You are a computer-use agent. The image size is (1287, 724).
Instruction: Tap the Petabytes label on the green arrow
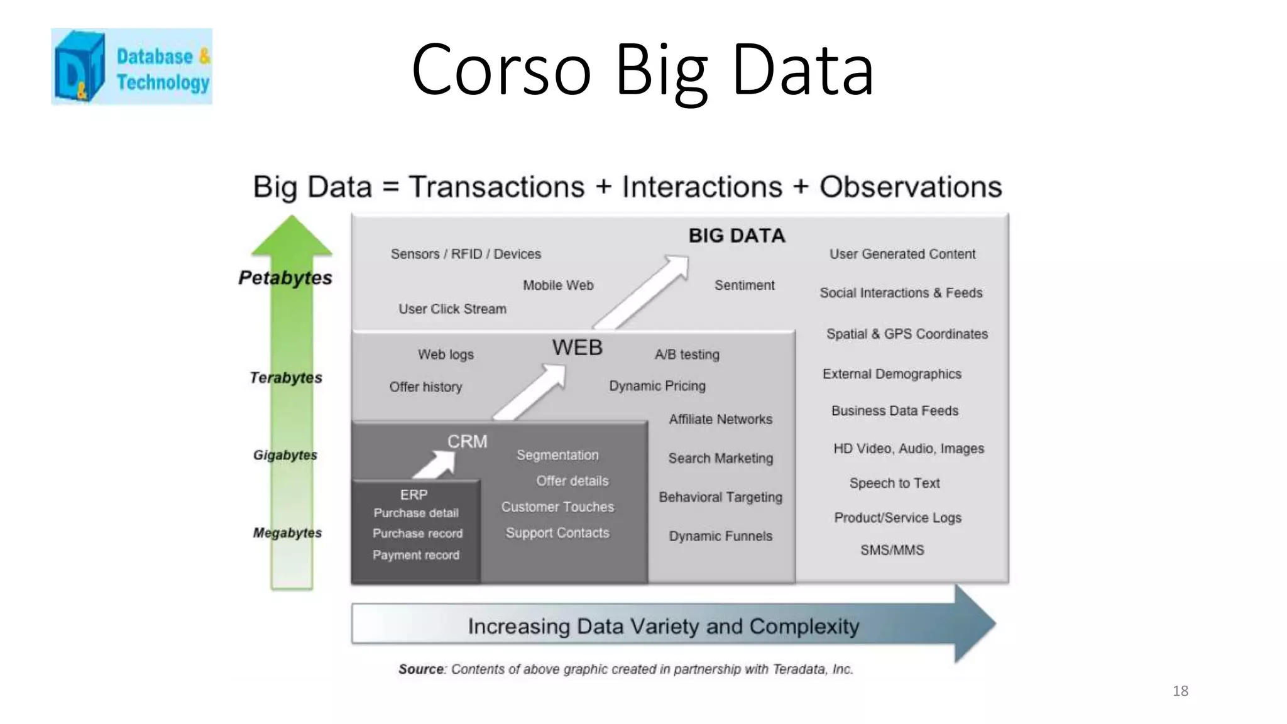(x=285, y=278)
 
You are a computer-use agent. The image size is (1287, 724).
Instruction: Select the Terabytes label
(x=286, y=378)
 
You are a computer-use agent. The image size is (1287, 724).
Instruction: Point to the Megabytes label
(x=287, y=533)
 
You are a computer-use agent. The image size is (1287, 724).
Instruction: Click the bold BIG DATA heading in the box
(x=737, y=236)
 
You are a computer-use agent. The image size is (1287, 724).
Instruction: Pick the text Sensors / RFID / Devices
(x=466, y=254)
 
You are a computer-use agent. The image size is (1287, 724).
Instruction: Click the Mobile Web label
(x=558, y=285)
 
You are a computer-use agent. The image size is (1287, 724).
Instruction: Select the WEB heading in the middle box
(x=577, y=348)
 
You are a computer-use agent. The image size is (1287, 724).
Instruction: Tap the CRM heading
(x=467, y=441)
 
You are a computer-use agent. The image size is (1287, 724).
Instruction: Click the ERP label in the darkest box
(x=413, y=495)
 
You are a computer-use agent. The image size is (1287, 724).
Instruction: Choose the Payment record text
(x=416, y=555)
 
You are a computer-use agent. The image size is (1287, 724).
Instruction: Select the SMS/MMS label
(x=892, y=550)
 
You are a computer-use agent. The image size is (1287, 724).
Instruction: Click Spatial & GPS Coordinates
(x=907, y=334)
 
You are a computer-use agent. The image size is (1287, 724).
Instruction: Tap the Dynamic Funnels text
(x=720, y=536)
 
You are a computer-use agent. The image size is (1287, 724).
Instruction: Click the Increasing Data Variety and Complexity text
(x=663, y=626)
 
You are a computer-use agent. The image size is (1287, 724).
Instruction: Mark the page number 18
(x=1180, y=691)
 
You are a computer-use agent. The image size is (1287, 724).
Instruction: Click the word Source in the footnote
(x=421, y=669)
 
